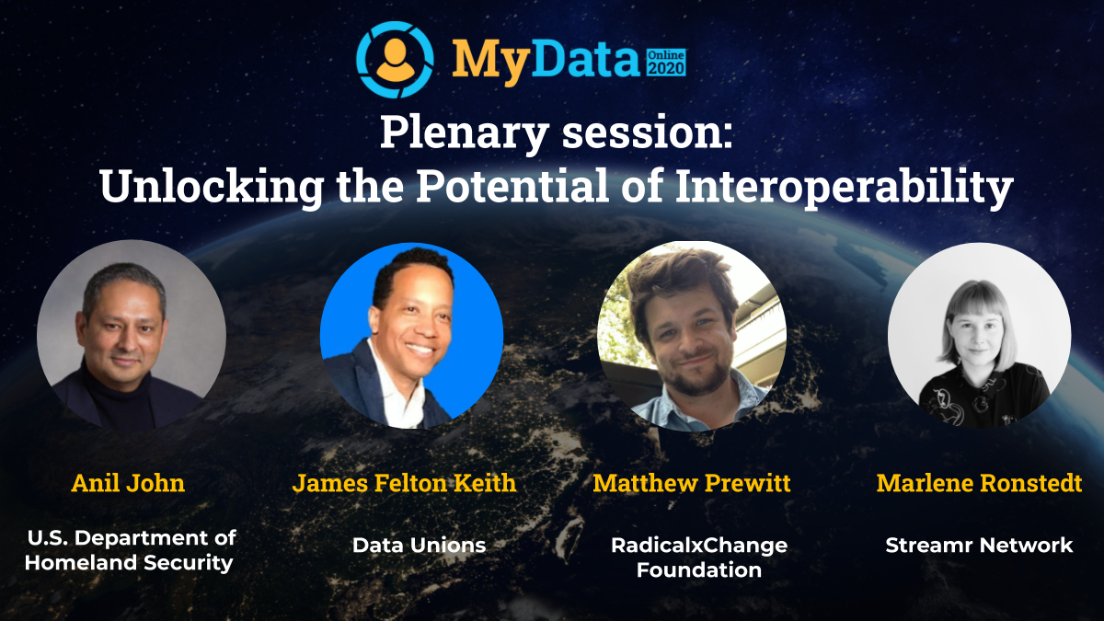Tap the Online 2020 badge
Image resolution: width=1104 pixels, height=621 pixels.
click(x=665, y=62)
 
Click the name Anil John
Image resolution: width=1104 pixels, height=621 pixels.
click(x=128, y=483)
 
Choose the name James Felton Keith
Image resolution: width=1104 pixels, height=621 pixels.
click(x=404, y=483)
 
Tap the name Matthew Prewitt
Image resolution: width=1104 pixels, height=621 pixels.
click(x=692, y=483)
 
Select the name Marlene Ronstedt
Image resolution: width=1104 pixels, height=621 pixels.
click(x=979, y=483)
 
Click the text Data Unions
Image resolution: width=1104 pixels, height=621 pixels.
click(x=419, y=545)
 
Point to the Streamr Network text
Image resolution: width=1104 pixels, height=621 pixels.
click(x=979, y=546)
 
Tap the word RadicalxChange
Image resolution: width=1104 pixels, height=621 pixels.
click(x=699, y=546)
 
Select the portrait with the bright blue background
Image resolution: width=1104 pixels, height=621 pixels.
click(x=411, y=336)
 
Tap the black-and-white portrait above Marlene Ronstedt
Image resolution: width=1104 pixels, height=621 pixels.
click(x=979, y=335)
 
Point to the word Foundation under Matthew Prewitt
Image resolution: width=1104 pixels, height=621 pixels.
click(x=699, y=569)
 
